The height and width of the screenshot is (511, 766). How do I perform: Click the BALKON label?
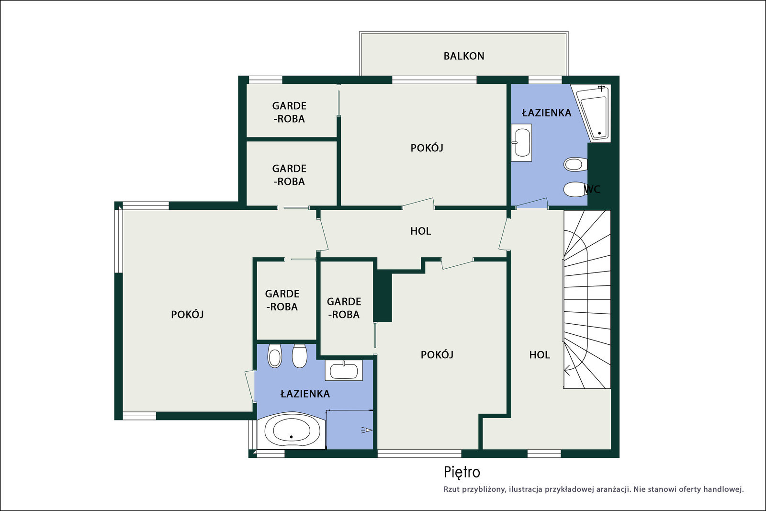pos(464,56)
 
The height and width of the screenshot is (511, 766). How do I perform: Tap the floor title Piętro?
pos(462,472)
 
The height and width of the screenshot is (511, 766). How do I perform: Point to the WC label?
pos(592,190)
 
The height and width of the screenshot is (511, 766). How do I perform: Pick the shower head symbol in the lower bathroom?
pos(367,430)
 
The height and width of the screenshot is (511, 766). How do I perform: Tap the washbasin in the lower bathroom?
pos(344,370)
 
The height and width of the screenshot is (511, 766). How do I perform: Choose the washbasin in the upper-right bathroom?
pos(521,143)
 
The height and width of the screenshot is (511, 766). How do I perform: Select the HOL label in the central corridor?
pos(421,231)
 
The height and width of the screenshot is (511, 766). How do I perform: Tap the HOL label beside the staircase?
pos(540,355)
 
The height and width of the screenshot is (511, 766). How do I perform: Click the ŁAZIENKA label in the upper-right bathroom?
pos(546,113)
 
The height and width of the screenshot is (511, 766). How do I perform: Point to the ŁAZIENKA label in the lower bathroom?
pos(305,394)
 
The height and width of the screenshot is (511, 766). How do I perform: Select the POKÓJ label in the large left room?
pos(187,314)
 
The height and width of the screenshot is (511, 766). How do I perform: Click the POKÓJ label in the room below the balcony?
pos(427,148)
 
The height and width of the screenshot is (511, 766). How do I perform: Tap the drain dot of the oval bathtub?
pos(292,437)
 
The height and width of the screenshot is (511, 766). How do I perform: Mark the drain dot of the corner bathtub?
pos(599,134)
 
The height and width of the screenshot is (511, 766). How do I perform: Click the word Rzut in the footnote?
pos(451,489)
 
